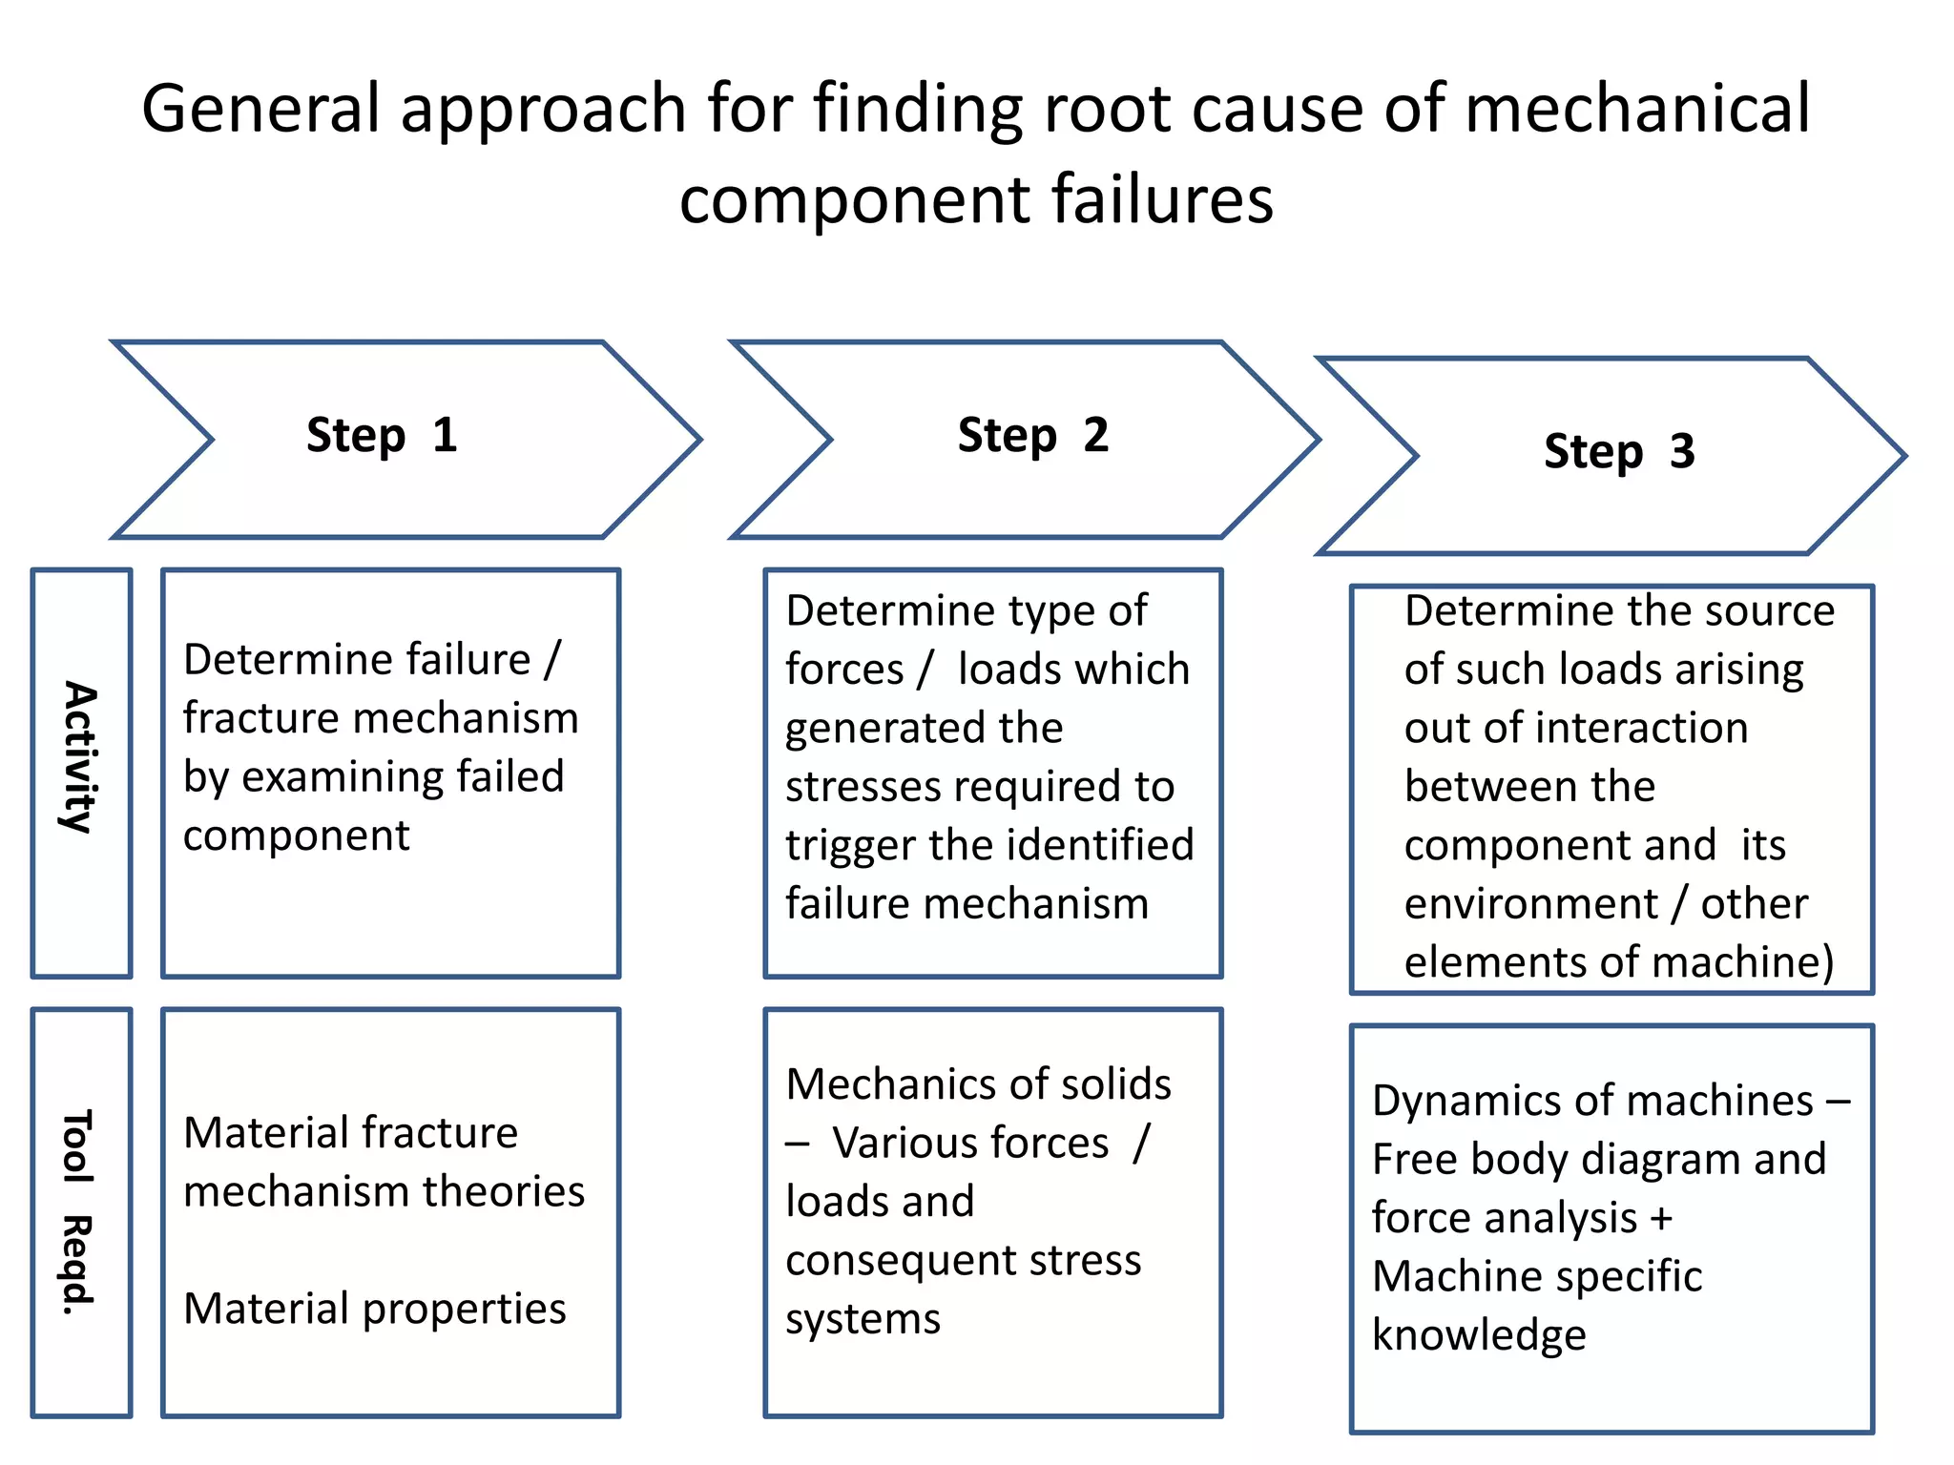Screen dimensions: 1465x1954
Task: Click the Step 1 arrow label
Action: pyautogui.click(x=382, y=436)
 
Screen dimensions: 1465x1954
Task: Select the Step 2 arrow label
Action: pyautogui.click(x=1033, y=436)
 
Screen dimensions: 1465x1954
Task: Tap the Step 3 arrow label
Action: pyautogui.click(x=1619, y=452)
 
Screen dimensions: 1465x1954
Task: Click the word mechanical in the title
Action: pyautogui.click(x=1636, y=108)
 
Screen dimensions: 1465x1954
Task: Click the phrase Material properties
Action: pyautogui.click(x=374, y=1309)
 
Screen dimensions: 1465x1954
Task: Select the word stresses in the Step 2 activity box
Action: pyautogui.click(x=863, y=787)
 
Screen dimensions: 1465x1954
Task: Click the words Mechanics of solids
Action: pyautogui.click(x=978, y=1084)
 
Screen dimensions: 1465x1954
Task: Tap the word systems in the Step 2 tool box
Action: pyautogui.click(x=863, y=1319)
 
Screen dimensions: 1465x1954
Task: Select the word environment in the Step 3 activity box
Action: pyautogui.click(x=1531, y=904)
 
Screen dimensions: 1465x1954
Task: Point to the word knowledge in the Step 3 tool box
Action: pyautogui.click(x=1479, y=1335)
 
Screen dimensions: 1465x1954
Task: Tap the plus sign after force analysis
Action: pyautogui.click(x=1661, y=1219)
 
